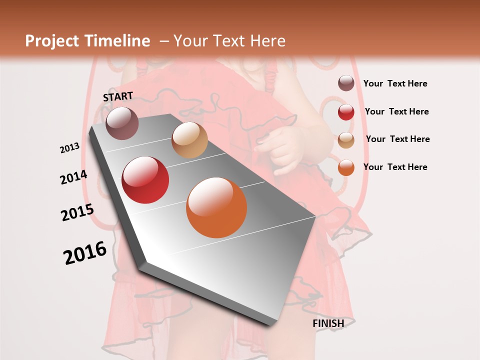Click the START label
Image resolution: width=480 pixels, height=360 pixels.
click(x=118, y=96)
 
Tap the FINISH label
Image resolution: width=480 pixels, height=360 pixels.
click(x=328, y=323)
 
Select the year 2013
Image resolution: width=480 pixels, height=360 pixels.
click(x=70, y=148)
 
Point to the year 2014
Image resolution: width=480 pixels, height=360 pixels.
click(x=73, y=177)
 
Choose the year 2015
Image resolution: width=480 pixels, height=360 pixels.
click(x=77, y=212)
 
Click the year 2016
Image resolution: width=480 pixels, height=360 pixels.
click(x=85, y=253)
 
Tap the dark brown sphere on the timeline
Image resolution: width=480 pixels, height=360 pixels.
click(x=122, y=123)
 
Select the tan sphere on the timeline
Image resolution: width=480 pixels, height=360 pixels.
click(x=189, y=140)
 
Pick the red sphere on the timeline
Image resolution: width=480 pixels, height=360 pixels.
click(x=145, y=180)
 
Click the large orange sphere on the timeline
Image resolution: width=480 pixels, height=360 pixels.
click(x=216, y=207)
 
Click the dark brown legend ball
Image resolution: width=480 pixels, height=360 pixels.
click(x=346, y=83)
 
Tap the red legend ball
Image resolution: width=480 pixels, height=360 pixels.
click(x=346, y=112)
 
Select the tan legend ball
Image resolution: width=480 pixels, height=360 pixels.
click(x=346, y=139)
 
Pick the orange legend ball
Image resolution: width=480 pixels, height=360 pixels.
click(x=346, y=167)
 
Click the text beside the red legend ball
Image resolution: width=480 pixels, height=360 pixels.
click(x=396, y=111)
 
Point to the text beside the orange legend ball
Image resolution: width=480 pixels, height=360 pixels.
click(x=395, y=167)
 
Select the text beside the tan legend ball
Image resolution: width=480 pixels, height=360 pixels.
click(x=397, y=139)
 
